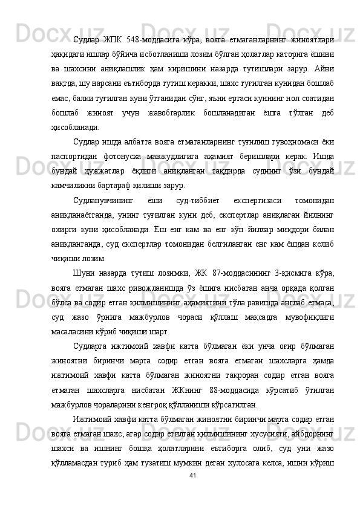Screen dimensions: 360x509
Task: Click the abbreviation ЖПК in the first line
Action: tap(113, 41)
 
